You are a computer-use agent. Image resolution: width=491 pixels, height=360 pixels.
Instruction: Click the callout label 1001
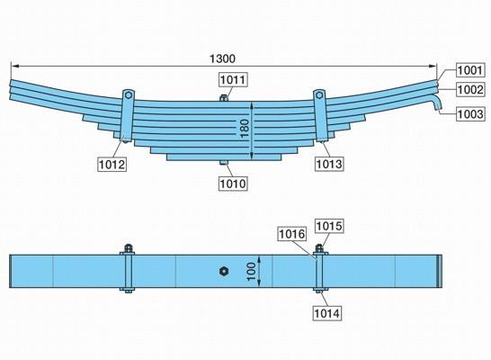coord(470,70)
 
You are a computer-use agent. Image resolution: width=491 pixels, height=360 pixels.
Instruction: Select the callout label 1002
coord(470,90)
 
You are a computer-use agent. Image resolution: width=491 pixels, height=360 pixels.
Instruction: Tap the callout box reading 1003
coord(470,113)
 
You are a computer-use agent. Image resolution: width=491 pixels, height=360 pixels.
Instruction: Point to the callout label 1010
coord(233,184)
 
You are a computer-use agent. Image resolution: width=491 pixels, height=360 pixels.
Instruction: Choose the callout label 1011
coord(233,79)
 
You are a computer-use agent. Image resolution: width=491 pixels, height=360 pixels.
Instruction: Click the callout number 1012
coord(112,164)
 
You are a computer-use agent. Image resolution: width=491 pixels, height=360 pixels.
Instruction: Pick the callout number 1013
coord(329,164)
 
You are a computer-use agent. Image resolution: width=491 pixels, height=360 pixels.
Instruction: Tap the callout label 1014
coord(327,313)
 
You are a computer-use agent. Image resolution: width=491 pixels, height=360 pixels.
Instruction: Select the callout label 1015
coord(329,226)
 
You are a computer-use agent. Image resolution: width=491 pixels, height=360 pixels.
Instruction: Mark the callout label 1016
coord(292,233)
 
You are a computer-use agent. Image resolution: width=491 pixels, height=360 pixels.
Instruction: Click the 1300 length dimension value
coord(222,58)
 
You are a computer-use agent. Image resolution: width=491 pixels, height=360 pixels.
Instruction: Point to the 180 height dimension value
coord(245,129)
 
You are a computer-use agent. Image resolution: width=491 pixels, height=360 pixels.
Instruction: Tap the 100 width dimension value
coord(251,271)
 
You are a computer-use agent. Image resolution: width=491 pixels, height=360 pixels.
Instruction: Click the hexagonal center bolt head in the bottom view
coord(223,271)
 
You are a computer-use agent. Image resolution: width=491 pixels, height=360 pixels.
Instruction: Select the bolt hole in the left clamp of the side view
coord(128,95)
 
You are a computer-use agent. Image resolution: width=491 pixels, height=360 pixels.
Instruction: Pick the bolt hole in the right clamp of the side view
coord(319,95)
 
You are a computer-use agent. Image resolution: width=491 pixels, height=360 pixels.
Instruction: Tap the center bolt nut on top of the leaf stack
coord(223,98)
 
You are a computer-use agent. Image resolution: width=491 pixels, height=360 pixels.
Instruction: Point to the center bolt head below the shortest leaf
coord(223,163)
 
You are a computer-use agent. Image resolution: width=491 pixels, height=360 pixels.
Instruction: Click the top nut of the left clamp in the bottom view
coord(128,248)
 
